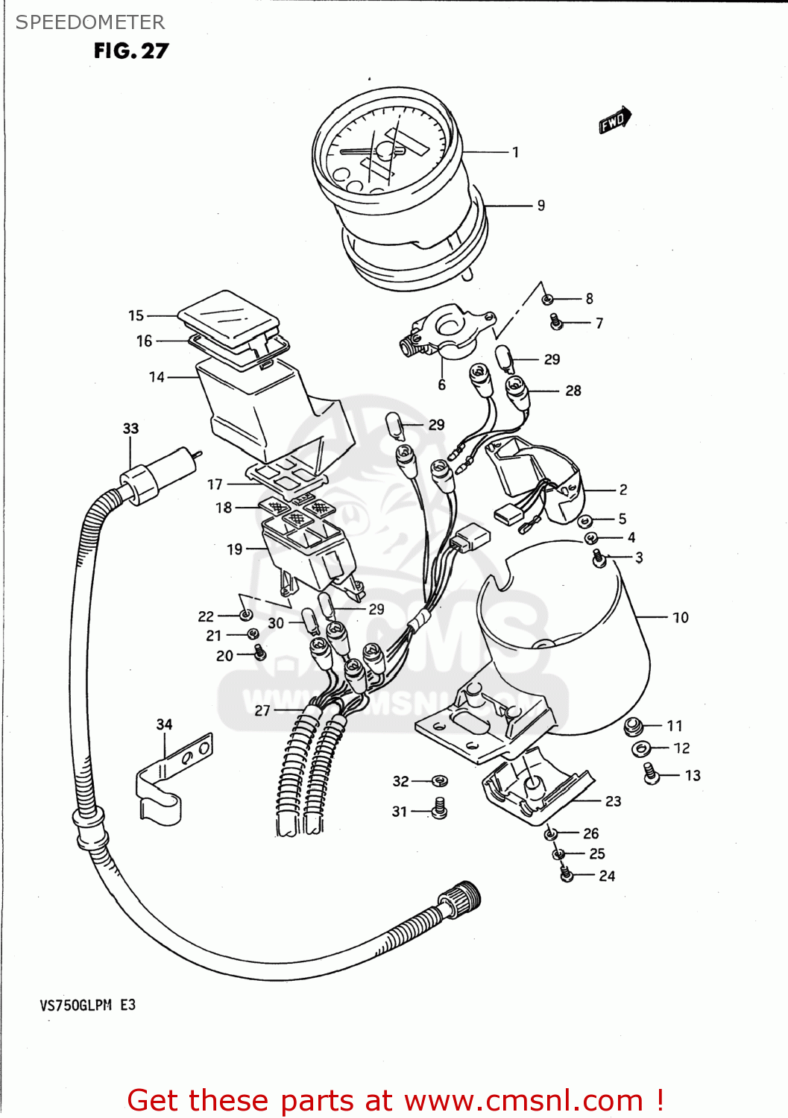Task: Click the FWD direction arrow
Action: pos(615,120)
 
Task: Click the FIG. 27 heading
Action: pos(131,51)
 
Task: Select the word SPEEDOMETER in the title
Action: pos(90,22)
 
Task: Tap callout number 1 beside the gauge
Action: pos(515,152)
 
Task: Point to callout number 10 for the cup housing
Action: pos(680,617)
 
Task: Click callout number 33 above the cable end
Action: pos(130,429)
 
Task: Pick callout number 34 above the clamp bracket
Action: pos(164,724)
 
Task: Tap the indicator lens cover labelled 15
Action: pos(227,317)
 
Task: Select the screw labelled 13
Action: pos(651,774)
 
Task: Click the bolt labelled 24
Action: pos(567,874)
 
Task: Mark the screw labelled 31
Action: pos(440,809)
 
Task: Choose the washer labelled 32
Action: pos(440,780)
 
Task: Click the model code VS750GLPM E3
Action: pos(88,1005)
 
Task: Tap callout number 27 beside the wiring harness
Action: pos(262,710)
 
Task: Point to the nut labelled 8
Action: pos(547,299)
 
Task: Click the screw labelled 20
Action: pos(259,654)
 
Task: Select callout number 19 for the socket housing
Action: pos(235,549)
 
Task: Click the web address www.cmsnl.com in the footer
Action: pos(525,1100)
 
